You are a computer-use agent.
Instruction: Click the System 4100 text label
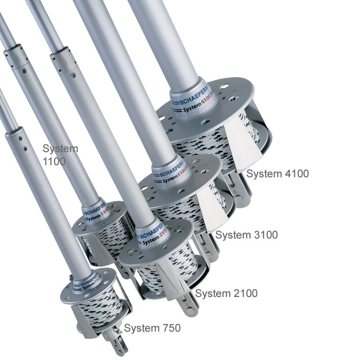(x=277, y=174)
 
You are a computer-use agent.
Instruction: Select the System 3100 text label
(x=246, y=234)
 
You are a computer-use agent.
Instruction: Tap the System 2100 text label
(x=226, y=293)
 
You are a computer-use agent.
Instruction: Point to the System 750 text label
(x=152, y=328)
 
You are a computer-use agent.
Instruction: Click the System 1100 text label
(x=60, y=154)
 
